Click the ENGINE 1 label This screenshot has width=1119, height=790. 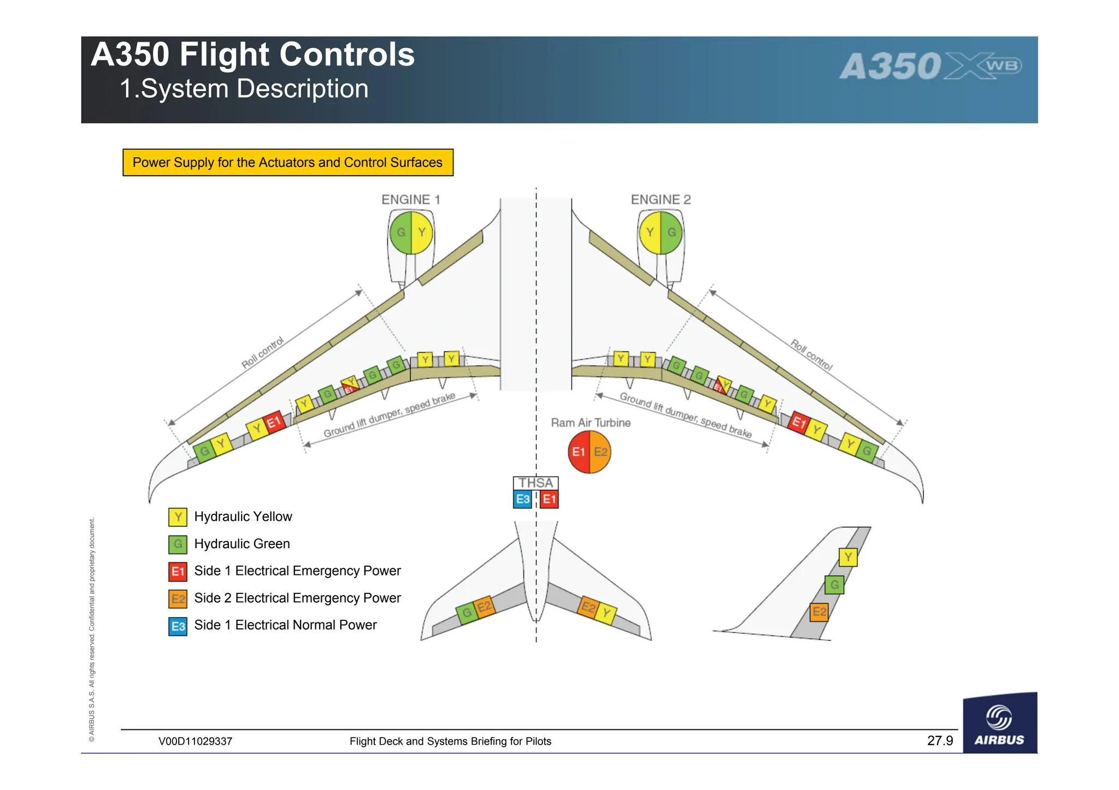coord(410,200)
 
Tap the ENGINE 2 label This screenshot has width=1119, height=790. coord(661,200)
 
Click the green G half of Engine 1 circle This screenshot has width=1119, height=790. coord(401,233)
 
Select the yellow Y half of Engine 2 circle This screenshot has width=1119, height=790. coord(650,233)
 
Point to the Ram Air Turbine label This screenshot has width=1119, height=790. coord(591,423)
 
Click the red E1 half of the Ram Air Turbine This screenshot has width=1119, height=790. coord(579,452)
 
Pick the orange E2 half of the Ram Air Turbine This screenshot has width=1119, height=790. coord(600,452)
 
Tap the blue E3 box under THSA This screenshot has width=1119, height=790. coord(522,499)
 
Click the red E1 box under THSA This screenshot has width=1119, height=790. coord(549,499)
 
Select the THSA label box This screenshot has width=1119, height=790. coord(535,483)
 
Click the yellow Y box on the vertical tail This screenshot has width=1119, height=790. coord(848,557)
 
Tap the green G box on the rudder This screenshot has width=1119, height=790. coord(834,585)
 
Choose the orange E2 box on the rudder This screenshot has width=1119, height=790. coord(819,611)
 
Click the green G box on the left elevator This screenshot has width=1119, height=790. coord(466,613)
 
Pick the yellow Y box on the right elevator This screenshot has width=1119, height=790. coord(606,613)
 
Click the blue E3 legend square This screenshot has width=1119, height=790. coord(178,626)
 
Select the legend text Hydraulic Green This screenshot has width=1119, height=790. coord(242,544)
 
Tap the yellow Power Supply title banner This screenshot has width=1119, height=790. coord(288,163)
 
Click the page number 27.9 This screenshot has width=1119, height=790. coord(940,741)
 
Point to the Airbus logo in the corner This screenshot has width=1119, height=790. coord(999,724)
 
